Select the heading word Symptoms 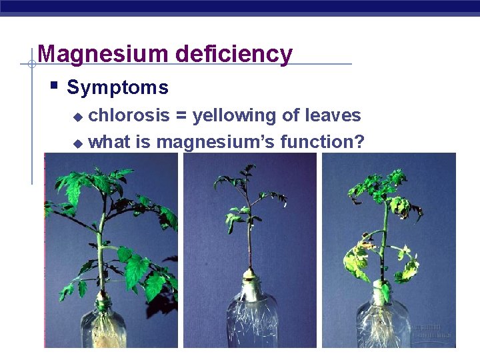117,87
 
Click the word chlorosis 129,115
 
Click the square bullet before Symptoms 54,85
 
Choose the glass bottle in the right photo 384,323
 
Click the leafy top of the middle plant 247,190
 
